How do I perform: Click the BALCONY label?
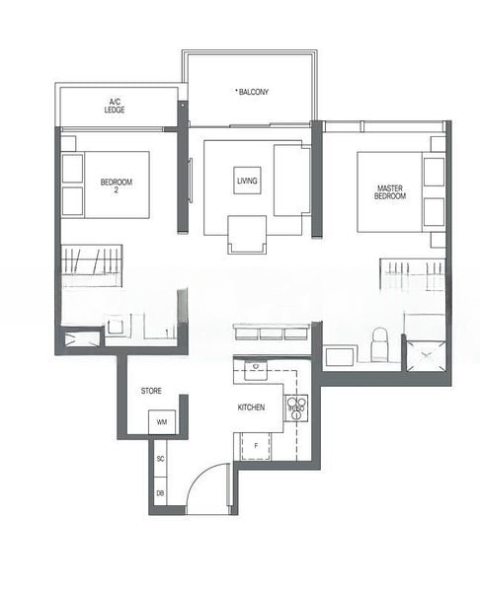[x=253, y=92]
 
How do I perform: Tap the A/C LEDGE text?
[x=116, y=105]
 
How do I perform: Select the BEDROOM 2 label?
[x=116, y=186]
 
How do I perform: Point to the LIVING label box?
[x=247, y=181]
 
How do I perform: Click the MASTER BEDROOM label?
[x=390, y=191]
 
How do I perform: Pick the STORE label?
[x=151, y=391]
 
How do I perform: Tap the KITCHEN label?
[x=251, y=407]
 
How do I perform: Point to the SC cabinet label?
[x=161, y=460]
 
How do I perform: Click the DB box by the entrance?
[x=160, y=492]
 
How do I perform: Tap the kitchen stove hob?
[x=295, y=407]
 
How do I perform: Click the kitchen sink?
[x=253, y=370]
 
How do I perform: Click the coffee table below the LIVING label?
[x=247, y=235]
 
